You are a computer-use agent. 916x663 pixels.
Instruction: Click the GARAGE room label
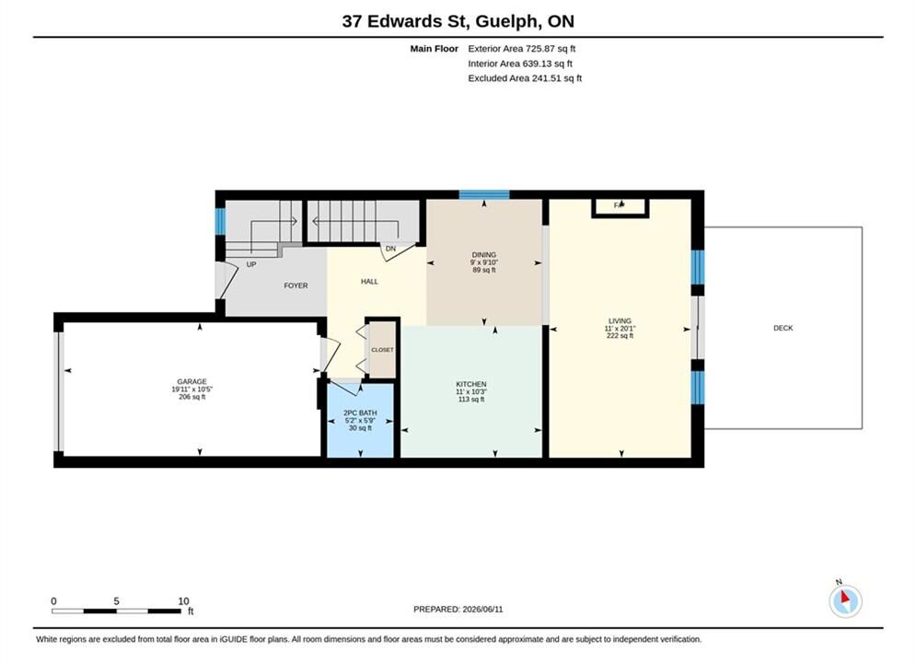pos(191,381)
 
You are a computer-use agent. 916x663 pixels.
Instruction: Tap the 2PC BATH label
pos(360,413)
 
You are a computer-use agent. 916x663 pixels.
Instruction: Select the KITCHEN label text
pos(470,384)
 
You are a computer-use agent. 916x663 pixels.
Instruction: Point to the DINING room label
pos(483,255)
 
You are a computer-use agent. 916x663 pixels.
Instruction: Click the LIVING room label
pos(620,320)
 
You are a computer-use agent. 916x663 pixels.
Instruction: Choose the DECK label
pos(783,329)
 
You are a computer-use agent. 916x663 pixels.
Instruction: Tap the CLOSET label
pos(382,350)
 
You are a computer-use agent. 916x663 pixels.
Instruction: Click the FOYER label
pos(296,285)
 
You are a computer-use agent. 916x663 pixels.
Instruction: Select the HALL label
pos(369,282)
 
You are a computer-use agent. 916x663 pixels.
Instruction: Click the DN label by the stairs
pos(391,249)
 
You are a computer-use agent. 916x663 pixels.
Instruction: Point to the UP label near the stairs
pos(251,264)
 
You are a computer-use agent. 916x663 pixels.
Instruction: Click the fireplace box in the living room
pos(620,207)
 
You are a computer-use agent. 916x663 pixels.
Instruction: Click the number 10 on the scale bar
pos(183,601)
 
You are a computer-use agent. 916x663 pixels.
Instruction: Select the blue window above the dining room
pos(483,194)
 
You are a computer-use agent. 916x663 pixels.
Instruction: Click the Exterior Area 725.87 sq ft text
pos(522,49)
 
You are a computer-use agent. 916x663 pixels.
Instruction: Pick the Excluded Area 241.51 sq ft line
pos(525,77)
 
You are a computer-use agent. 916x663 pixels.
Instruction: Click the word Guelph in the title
pos(506,21)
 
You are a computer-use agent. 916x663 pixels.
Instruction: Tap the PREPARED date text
pos(458,610)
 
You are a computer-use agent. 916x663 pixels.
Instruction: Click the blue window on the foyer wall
pos(220,221)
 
